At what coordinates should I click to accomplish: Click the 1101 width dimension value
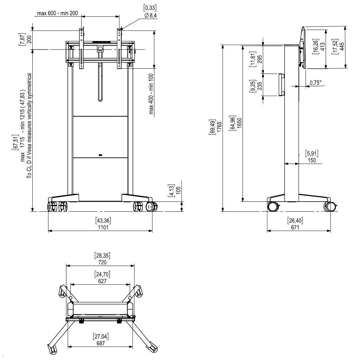pos(103,227)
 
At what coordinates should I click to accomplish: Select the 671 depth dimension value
pos(295,227)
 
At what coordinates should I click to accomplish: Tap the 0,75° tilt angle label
pos(315,82)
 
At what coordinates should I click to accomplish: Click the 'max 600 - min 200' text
pos(57,13)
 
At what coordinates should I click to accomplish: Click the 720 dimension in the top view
pos(102,262)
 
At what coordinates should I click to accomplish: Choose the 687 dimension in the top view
pos(101,343)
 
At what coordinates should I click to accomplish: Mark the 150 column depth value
pos(312,160)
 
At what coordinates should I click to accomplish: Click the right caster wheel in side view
pos(330,207)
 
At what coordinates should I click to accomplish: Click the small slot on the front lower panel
pos(100,155)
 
